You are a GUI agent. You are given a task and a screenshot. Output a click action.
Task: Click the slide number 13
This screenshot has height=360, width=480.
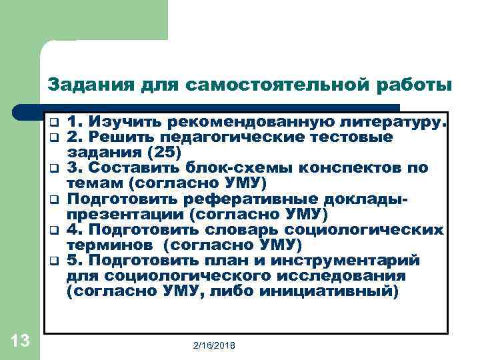pos(20,341)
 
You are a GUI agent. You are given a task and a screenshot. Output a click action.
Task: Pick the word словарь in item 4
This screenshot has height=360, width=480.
pos(259,230)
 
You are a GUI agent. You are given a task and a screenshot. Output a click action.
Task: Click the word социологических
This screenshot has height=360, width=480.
pos(375,230)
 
